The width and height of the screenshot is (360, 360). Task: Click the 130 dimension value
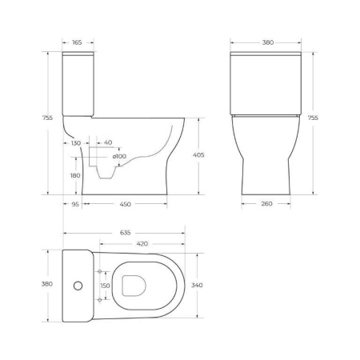click(76, 142)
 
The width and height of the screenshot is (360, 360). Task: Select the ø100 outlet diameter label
click(119, 155)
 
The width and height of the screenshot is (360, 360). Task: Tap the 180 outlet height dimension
click(76, 176)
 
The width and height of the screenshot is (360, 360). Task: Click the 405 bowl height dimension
click(205, 154)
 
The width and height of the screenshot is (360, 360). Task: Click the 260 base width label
click(266, 203)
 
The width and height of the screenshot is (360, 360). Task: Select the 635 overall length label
click(126, 233)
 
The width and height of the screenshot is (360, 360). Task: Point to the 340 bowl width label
click(207, 284)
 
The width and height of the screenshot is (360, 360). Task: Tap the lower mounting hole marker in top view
click(99, 298)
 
